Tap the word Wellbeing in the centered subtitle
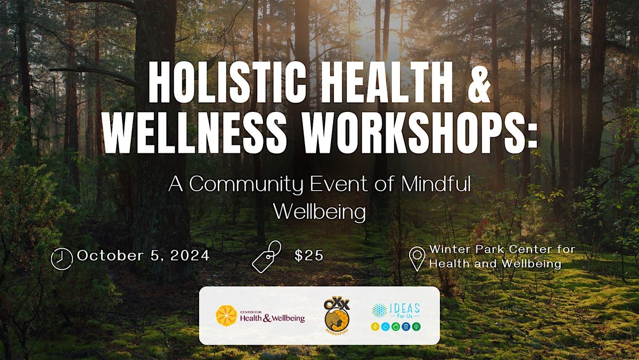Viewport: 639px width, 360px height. [319, 211]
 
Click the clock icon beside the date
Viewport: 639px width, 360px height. [61, 258]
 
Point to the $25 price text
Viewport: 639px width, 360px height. [309, 256]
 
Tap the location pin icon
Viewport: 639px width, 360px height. [416, 258]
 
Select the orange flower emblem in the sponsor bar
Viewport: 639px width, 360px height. [226, 315]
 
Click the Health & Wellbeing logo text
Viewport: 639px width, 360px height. [272, 318]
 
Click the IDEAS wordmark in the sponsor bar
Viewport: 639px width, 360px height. [405, 308]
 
